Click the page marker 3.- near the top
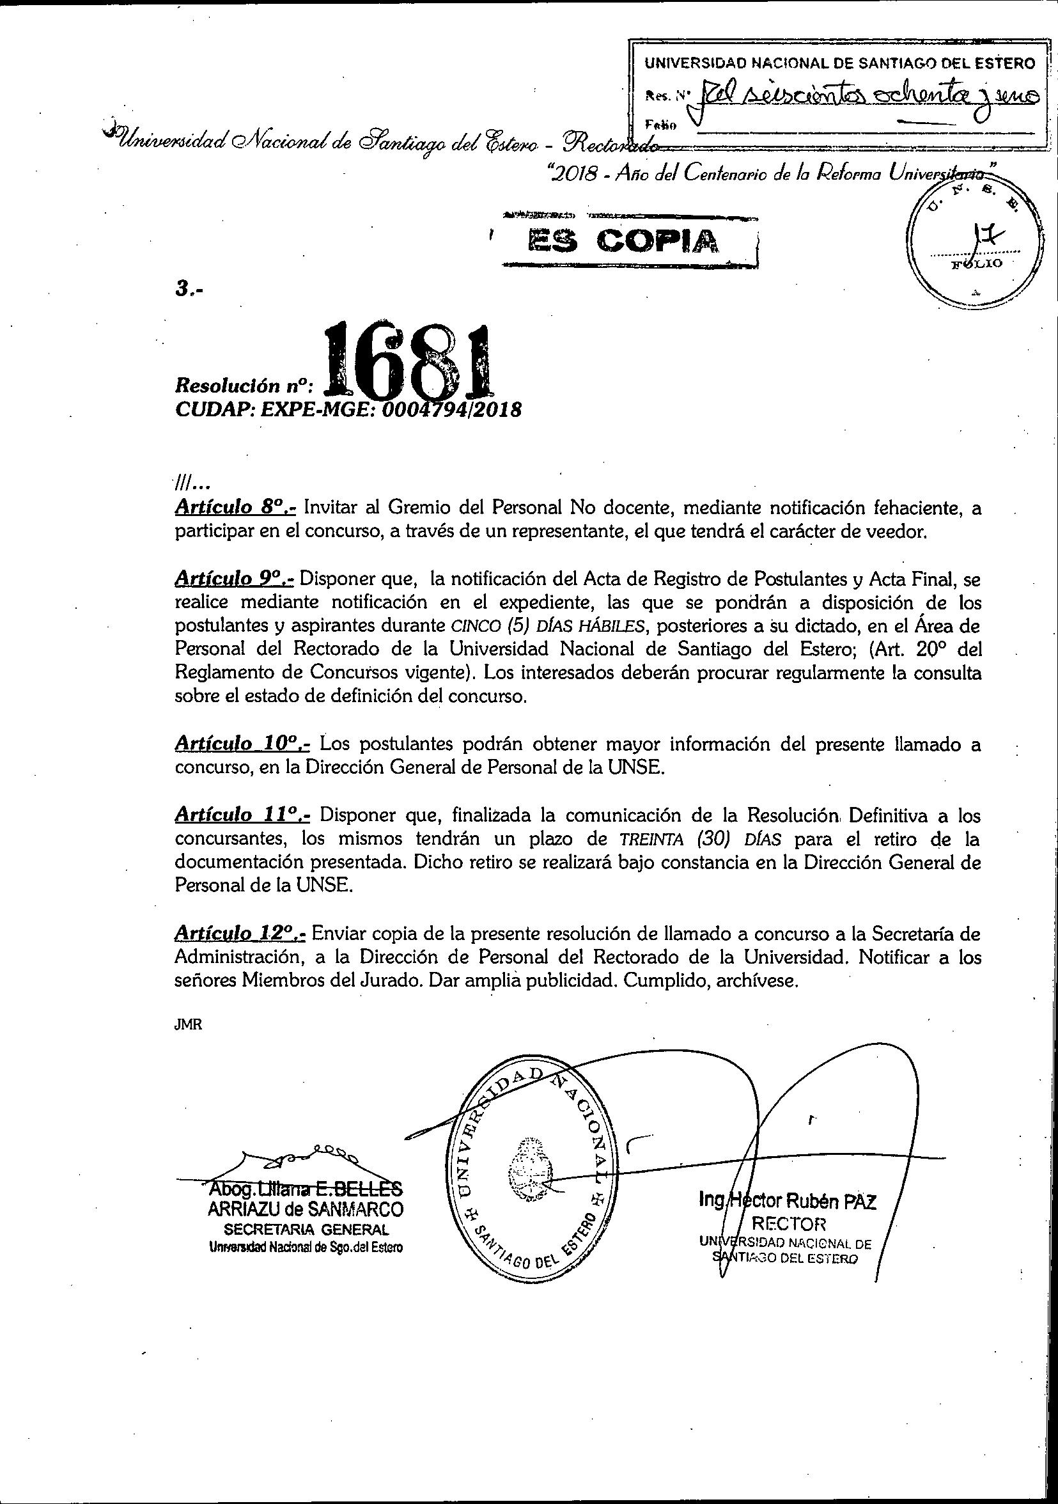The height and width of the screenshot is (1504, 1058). point(189,290)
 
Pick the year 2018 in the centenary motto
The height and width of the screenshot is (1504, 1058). point(571,172)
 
